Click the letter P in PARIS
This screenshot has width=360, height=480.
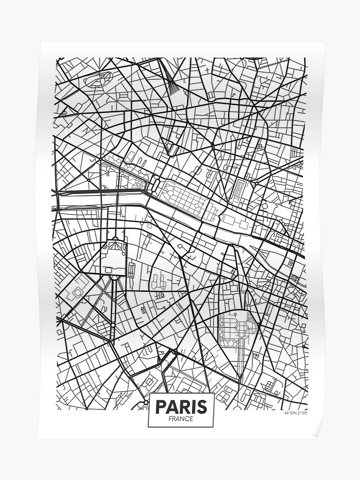(x=161, y=407)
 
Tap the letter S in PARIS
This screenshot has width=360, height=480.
(x=202, y=407)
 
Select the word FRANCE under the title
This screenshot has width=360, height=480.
(x=181, y=419)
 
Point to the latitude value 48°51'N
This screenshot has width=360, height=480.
(x=290, y=413)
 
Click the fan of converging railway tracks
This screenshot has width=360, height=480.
(x=172, y=79)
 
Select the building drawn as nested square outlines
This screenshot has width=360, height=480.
(x=77, y=288)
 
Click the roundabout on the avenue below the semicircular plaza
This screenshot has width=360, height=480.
(x=112, y=325)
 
